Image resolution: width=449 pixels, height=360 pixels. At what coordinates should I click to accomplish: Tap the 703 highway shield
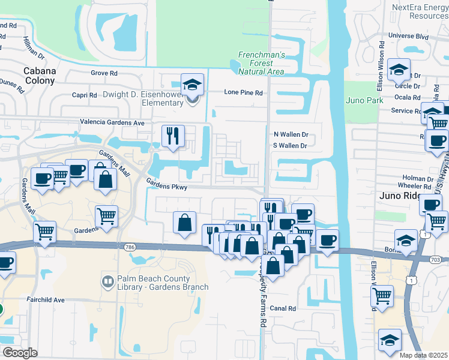437,259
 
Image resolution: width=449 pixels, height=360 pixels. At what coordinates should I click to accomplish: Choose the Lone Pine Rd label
244,93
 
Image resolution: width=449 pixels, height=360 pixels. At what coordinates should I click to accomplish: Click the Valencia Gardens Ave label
113,122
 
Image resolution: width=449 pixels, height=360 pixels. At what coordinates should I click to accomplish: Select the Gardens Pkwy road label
167,187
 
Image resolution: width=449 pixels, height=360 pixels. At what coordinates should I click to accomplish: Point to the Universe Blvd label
409,35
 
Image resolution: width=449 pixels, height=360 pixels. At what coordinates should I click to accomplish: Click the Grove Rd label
104,73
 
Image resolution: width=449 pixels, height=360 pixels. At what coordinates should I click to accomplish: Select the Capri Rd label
84,95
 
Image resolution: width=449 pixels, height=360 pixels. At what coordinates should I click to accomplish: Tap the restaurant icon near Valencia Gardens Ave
173,135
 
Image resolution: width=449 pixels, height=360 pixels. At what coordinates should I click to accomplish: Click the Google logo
20,353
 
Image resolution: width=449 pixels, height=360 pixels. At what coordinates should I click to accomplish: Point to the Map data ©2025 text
423,355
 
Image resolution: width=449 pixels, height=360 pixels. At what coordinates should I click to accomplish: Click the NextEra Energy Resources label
420,11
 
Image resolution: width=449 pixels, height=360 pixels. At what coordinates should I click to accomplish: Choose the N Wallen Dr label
291,134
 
